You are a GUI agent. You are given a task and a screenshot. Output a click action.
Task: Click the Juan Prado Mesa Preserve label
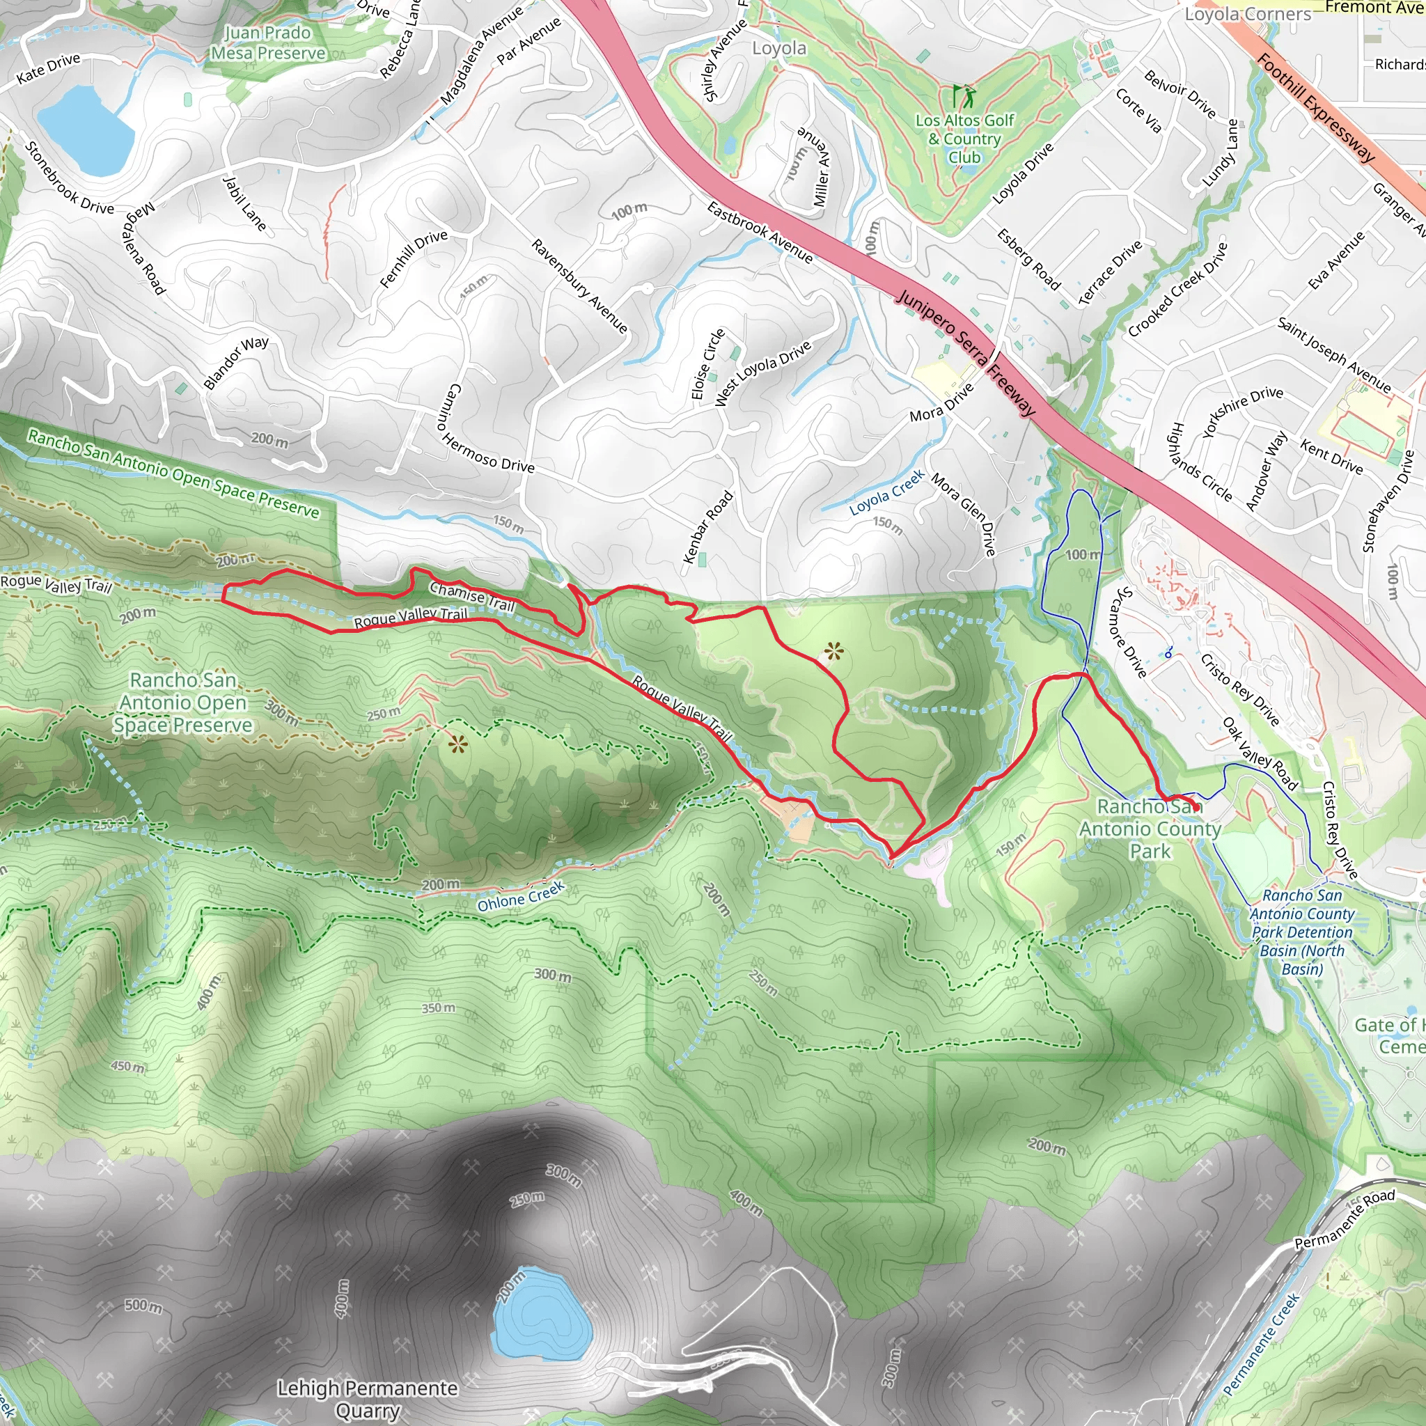click(267, 42)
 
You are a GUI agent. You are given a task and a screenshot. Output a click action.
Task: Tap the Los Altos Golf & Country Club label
click(964, 139)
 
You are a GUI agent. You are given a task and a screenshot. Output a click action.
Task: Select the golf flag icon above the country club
click(963, 96)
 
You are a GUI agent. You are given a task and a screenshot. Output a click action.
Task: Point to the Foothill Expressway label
click(1316, 108)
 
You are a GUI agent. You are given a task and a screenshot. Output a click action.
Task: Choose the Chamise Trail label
click(471, 595)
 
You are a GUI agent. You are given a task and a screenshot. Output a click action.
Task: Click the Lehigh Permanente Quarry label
click(368, 1399)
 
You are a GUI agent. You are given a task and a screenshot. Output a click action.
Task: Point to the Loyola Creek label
click(886, 493)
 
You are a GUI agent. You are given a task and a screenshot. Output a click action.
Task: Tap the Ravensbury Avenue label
click(579, 285)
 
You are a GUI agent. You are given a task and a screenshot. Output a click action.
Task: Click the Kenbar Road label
click(708, 527)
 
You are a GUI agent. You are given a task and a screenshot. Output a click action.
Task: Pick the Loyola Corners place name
click(1247, 14)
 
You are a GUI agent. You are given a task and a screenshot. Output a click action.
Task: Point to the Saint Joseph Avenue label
click(1333, 355)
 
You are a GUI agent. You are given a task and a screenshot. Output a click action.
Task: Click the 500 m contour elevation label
click(143, 1306)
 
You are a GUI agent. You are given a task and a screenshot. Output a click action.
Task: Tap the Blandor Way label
click(236, 362)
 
